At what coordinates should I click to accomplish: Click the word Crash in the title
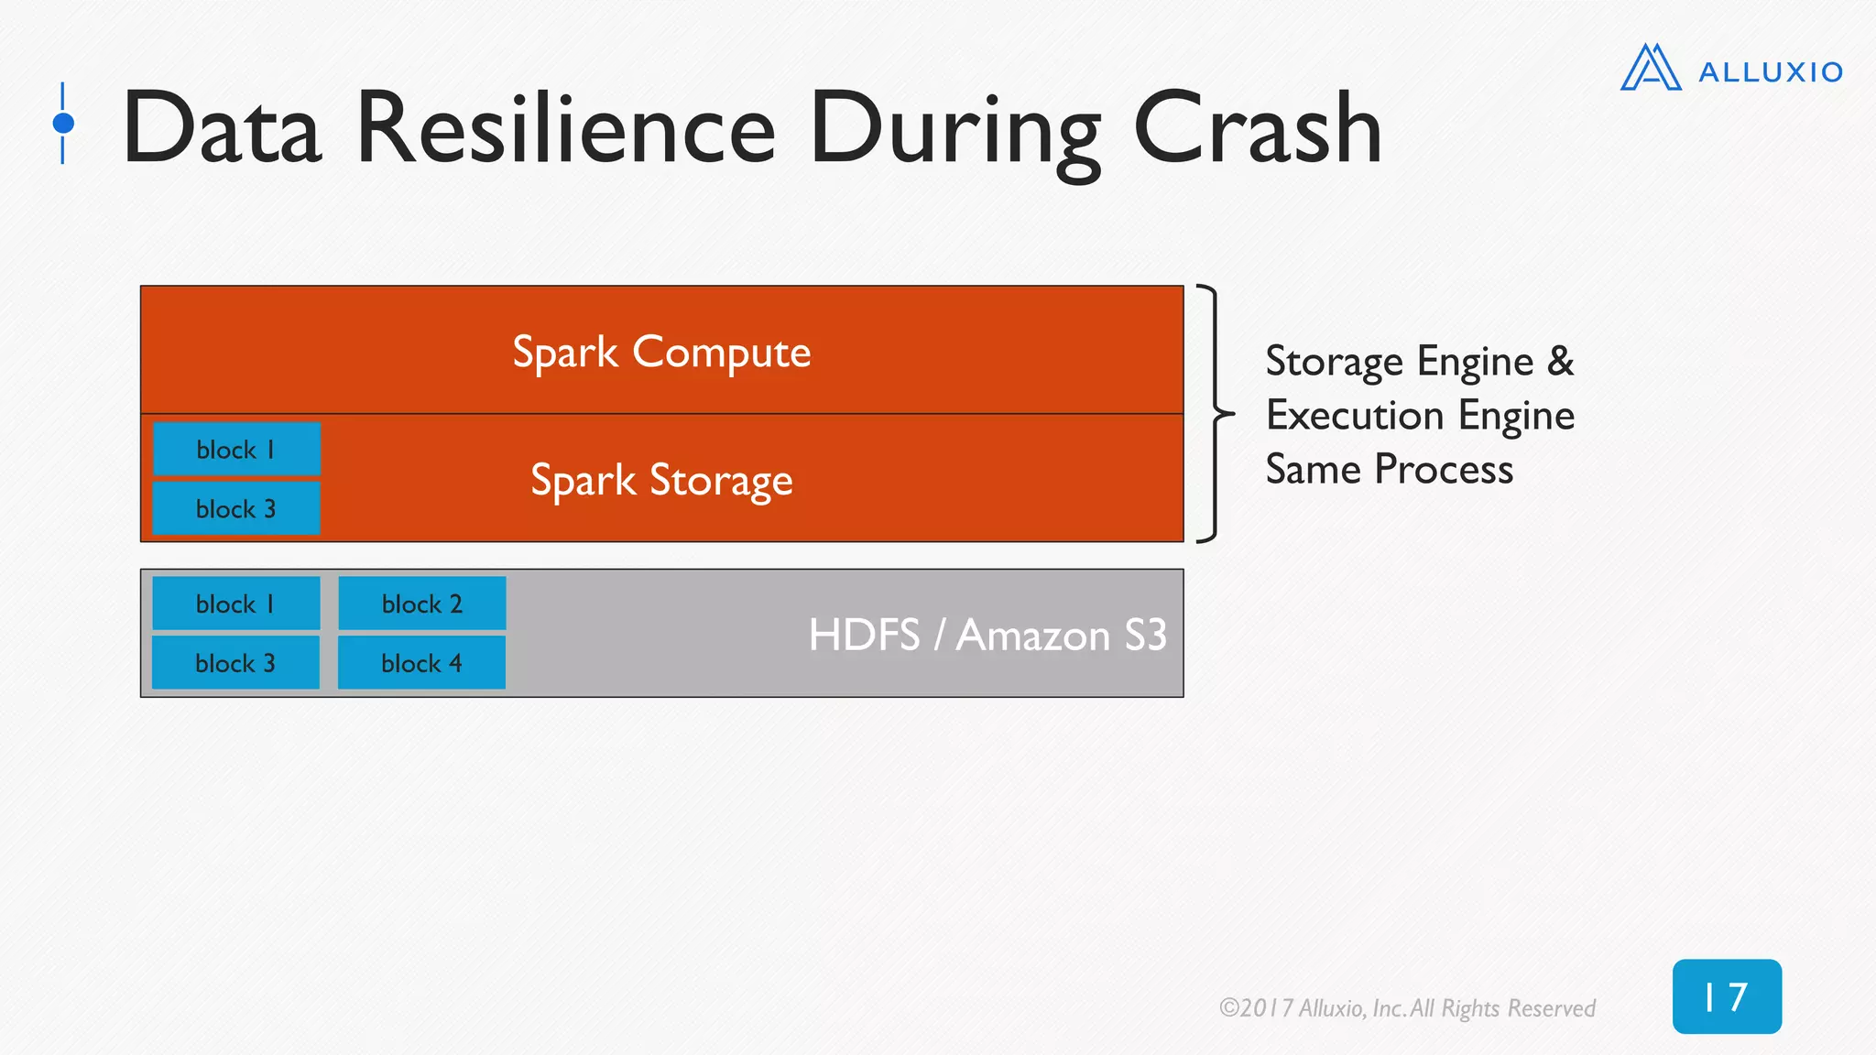[1257, 129]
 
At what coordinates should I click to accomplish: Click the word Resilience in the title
[565, 129]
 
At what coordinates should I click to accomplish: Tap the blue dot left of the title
[63, 123]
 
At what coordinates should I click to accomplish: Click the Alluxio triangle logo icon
[1650, 68]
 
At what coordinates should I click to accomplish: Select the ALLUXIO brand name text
[1770, 72]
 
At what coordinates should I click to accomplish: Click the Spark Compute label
[661, 353]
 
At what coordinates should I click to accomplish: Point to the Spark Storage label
[661, 481]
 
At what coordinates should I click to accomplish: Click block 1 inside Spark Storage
[236, 450]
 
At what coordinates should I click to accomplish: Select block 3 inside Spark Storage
[236, 509]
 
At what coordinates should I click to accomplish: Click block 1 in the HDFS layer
[236, 604]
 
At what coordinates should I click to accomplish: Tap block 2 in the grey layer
[421, 604]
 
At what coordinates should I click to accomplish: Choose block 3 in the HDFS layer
[236, 663]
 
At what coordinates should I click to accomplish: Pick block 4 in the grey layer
[421, 663]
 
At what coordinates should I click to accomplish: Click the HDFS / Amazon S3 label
[987, 635]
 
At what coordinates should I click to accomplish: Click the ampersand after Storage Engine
[1560, 361]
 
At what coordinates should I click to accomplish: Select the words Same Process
[1389, 470]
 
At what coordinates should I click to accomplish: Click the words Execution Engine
[1420, 416]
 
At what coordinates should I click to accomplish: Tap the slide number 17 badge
[1726, 996]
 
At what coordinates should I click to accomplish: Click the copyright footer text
[1407, 1008]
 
